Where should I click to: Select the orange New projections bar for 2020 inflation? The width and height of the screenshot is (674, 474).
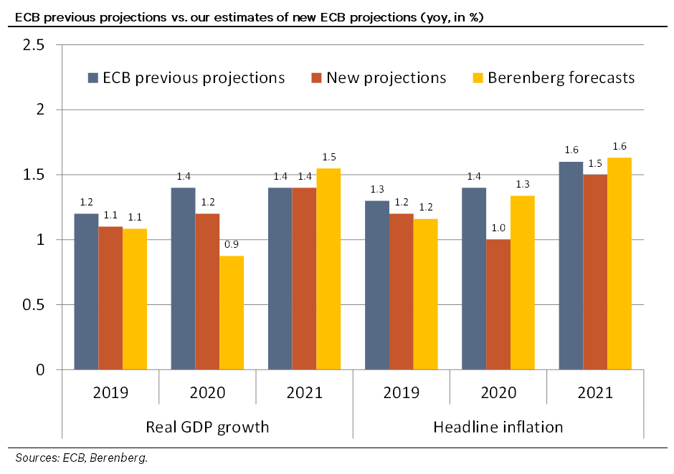pyautogui.click(x=498, y=304)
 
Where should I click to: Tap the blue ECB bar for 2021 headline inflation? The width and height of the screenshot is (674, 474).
pyautogui.click(x=571, y=266)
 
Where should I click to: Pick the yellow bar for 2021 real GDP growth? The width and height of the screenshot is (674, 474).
pyautogui.click(x=328, y=269)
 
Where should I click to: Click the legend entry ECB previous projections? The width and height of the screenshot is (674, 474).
pyautogui.click(x=186, y=77)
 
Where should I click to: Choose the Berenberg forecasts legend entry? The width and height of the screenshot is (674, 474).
pyautogui.click(x=553, y=77)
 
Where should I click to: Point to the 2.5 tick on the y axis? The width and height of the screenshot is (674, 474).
pyautogui.click(x=35, y=45)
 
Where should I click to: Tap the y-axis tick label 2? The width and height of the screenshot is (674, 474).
pyautogui.click(x=41, y=110)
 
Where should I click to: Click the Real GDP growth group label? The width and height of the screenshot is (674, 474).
pyautogui.click(x=207, y=427)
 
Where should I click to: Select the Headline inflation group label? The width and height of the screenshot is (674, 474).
pyautogui.click(x=498, y=427)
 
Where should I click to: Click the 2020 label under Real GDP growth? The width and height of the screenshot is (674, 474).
pyautogui.click(x=207, y=392)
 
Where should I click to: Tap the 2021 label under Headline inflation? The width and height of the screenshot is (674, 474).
pyautogui.click(x=595, y=392)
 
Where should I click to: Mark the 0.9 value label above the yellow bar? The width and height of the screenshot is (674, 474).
pyautogui.click(x=232, y=244)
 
